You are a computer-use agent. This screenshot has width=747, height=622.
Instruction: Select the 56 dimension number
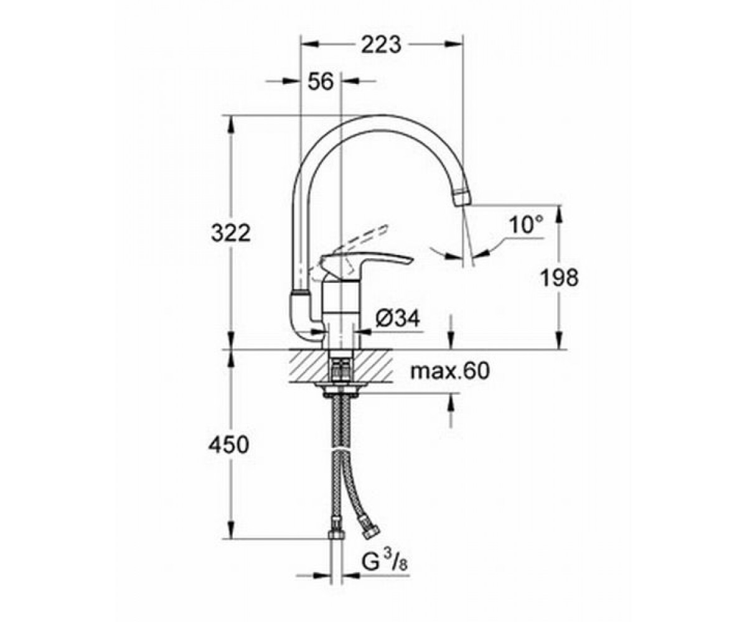point(321,82)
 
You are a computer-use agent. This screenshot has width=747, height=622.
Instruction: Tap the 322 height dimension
point(231,234)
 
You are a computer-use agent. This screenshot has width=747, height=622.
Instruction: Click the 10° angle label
point(526,225)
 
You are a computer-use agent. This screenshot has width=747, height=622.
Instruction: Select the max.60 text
point(449,371)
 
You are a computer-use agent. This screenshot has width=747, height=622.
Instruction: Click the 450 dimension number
point(228,445)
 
